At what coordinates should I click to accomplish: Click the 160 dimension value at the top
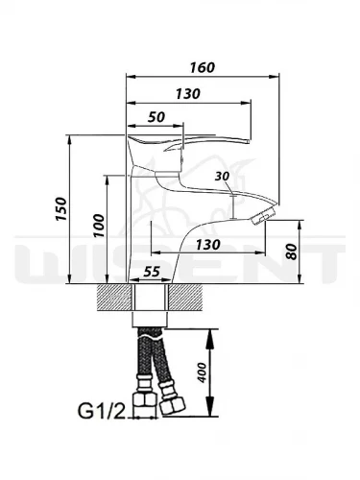203,67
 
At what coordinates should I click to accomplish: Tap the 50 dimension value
156,117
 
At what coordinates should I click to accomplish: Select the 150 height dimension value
60,208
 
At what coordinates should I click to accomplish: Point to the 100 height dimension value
99,226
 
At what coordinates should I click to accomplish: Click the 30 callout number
222,176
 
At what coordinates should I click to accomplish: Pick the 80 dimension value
292,252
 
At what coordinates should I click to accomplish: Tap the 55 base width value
152,272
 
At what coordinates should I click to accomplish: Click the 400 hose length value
202,372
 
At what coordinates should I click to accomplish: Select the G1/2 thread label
101,411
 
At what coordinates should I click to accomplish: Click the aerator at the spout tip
263,216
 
